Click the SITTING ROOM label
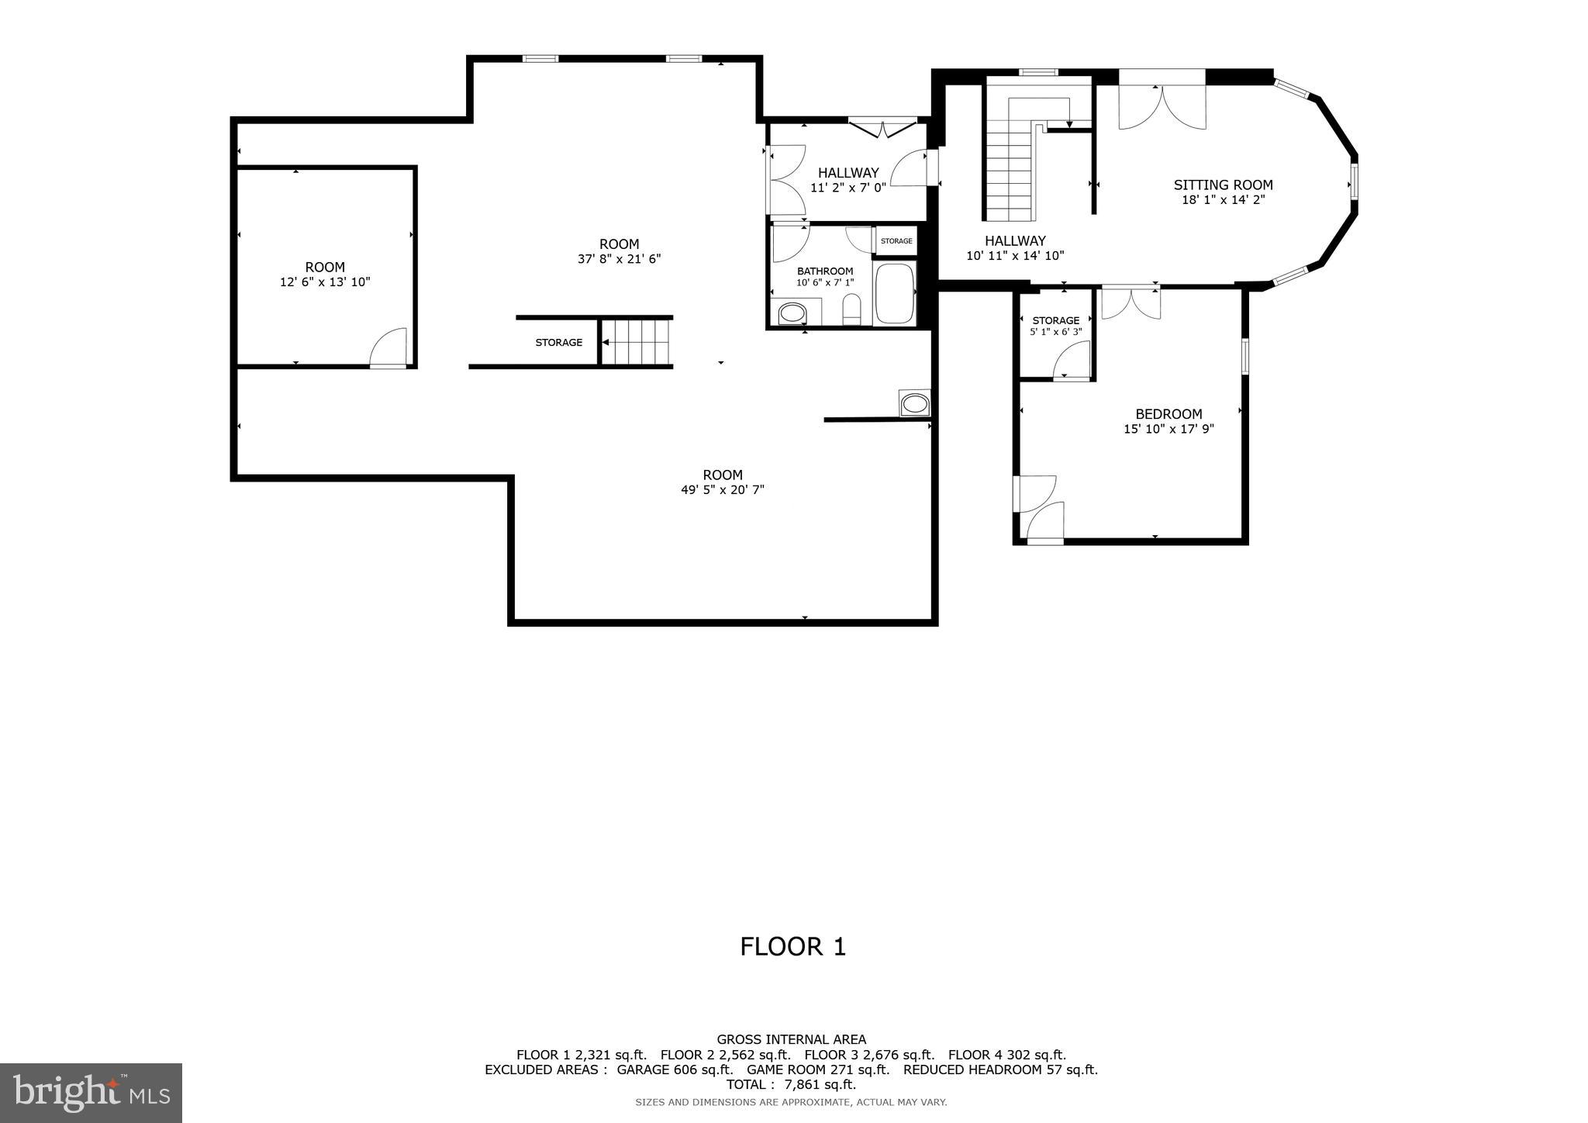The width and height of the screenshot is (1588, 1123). tap(1223, 185)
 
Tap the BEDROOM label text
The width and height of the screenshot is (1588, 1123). tap(1169, 414)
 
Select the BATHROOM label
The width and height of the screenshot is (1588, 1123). tap(825, 271)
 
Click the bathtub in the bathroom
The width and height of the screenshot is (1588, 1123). tap(895, 294)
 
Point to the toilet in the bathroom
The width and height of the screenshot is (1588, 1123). tap(851, 310)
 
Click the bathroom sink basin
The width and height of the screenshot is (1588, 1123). tap(792, 314)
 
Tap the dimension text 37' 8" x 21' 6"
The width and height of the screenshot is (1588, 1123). tap(619, 259)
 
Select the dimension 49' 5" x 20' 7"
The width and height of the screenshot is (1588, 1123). tap(723, 489)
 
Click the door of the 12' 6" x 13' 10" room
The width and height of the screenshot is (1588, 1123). tap(388, 348)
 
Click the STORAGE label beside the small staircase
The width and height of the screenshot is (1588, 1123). tap(558, 342)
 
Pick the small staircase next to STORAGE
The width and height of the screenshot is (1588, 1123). tap(637, 342)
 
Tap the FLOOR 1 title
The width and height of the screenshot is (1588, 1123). tap(792, 946)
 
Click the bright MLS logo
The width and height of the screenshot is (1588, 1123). tap(91, 1093)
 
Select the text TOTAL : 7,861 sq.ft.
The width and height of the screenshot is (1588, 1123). tap(791, 1084)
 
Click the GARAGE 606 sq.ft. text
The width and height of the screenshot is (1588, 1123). tap(675, 1069)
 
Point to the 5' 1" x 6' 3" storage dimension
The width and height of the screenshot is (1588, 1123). tap(1055, 332)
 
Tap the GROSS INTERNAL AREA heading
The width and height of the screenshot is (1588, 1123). tap(791, 1039)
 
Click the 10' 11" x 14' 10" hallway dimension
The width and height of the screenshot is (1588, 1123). tap(1015, 255)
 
